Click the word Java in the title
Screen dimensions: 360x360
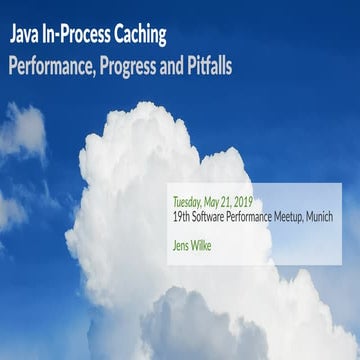pyautogui.click(x=26, y=38)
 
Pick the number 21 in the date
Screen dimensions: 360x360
pyautogui.click(x=234, y=199)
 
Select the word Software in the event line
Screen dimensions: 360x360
pyautogui.click(x=212, y=216)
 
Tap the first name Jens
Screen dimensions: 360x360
pyautogui.click(x=182, y=241)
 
